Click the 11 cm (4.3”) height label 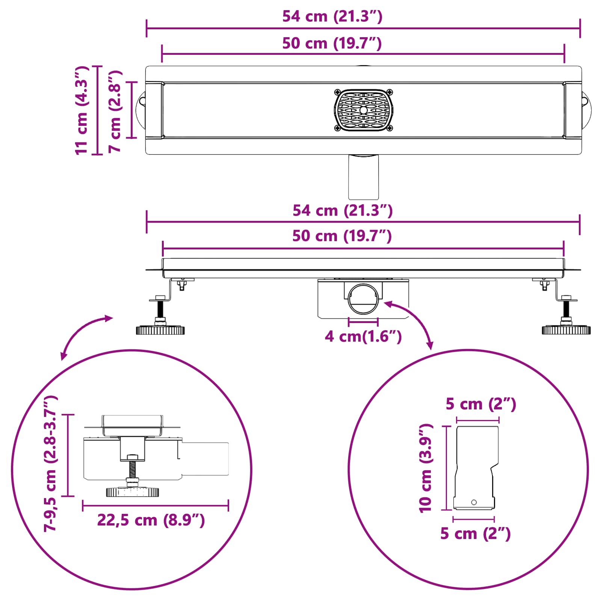[x=82, y=110]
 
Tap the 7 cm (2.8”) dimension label [x=115, y=111]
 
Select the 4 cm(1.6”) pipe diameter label [x=363, y=336]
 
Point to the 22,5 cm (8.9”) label [x=151, y=520]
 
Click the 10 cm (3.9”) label [x=426, y=468]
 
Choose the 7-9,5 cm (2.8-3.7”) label [x=50, y=463]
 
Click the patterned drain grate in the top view [x=364, y=110]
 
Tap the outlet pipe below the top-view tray [x=363, y=177]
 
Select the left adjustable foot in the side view [x=160, y=316]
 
